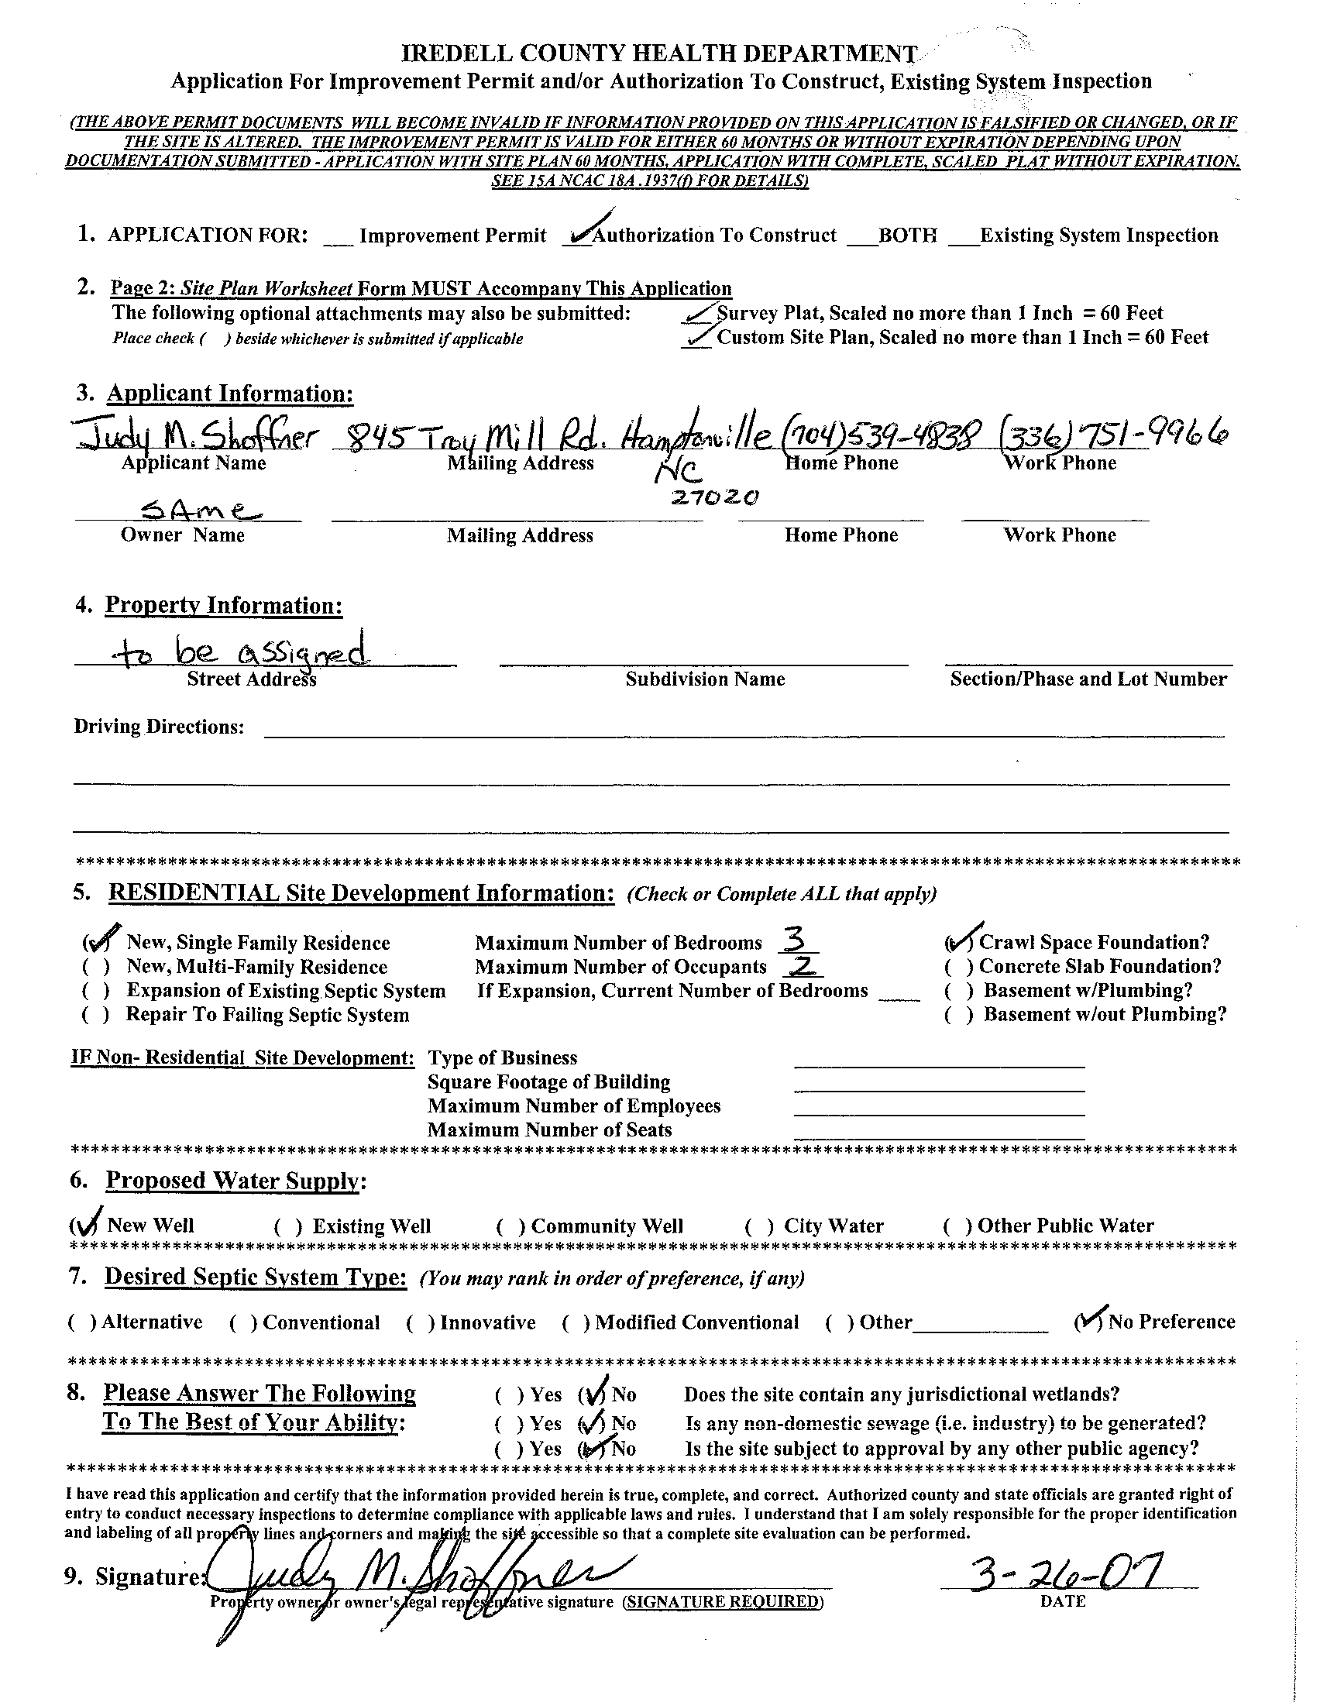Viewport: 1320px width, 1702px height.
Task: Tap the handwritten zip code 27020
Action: click(714, 497)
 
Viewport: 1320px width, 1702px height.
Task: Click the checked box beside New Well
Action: click(85, 1224)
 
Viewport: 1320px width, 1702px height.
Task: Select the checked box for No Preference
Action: click(1088, 1322)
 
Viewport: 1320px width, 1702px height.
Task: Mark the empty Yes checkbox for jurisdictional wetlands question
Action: click(509, 1394)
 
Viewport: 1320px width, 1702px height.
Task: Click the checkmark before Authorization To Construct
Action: click(582, 234)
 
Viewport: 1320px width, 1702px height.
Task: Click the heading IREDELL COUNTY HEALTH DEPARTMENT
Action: click(659, 53)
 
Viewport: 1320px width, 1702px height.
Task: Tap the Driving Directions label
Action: click(159, 727)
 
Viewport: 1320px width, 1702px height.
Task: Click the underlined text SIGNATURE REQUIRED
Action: click(722, 1601)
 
